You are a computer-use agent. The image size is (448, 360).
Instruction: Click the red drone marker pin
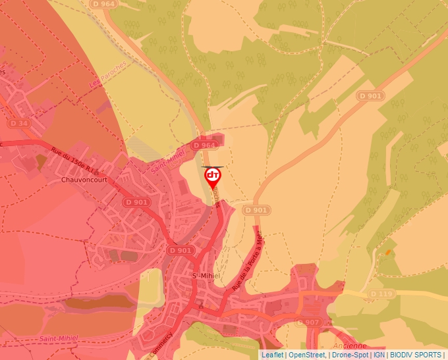pyautogui.click(x=213, y=176)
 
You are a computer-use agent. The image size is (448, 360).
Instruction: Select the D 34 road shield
pyautogui.click(x=20, y=123)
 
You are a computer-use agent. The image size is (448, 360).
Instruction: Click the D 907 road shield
pyautogui.click(x=307, y=322)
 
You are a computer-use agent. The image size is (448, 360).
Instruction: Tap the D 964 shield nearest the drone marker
pyautogui.click(x=204, y=145)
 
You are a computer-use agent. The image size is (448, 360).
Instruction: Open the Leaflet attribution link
pyautogui.click(x=272, y=355)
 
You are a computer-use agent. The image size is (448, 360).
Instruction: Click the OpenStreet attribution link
pyautogui.click(x=307, y=355)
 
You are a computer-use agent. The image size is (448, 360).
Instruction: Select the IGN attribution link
pyautogui.click(x=379, y=355)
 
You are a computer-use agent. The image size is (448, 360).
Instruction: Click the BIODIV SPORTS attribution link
pyautogui.click(x=416, y=355)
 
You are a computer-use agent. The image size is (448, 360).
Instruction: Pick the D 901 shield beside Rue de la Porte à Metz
pyautogui.click(x=256, y=210)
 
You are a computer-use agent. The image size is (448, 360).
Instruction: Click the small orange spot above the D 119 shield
pyautogui.click(x=388, y=251)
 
